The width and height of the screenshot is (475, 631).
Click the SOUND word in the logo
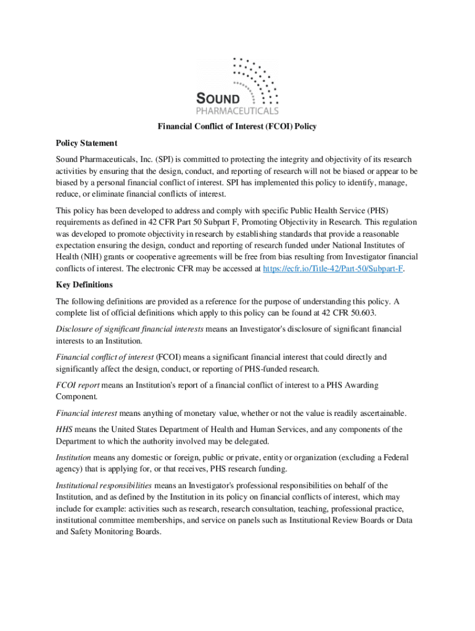[x=223, y=99]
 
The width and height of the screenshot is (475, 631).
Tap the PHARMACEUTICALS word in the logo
[x=237, y=111]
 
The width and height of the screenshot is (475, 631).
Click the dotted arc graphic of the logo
[x=257, y=78]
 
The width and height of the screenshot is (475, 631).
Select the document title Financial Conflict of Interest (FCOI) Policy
[x=237, y=127]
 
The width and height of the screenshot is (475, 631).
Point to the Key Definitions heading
[x=85, y=285]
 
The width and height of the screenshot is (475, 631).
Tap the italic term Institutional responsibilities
[x=104, y=486]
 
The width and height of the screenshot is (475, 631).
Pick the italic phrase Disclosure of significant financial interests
[x=130, y=329]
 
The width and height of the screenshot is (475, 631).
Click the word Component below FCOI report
[x=78, y=396]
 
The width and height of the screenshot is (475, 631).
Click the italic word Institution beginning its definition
[x=73, y=458]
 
